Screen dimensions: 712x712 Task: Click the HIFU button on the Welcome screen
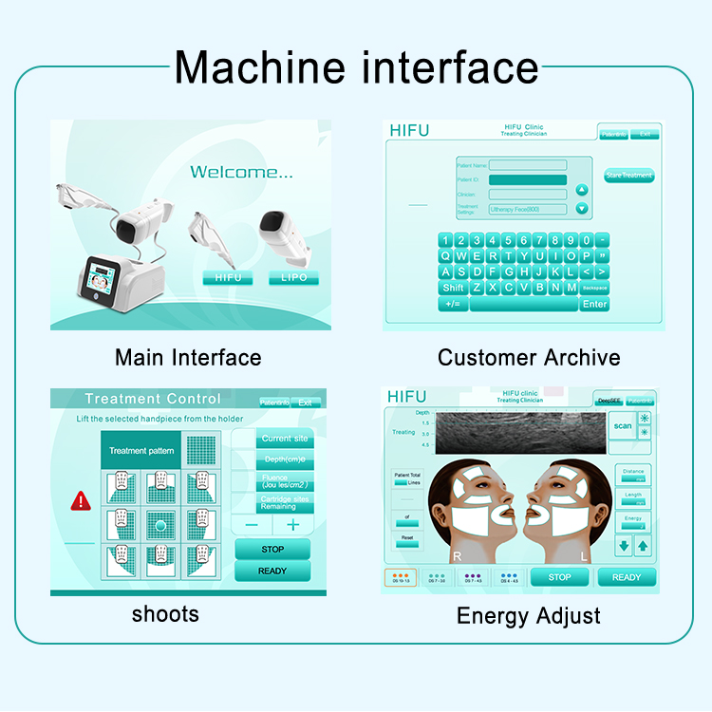click(x=227, y=278)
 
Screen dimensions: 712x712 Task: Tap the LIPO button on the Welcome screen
click(x=293, y=278)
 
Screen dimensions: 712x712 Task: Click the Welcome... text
click(x=242, y=172)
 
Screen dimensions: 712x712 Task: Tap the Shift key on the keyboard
click(x=453, y=288)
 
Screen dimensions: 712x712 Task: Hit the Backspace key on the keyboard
click(x=595, y=288)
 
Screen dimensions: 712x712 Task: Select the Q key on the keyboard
click(x=445, y=255)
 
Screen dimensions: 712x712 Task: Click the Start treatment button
click(x=629, y=176)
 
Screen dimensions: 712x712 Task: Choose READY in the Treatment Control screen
click(x=272, y=571)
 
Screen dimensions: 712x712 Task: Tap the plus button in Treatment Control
click(x=292, y=525)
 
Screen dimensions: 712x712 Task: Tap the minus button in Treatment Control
click(x=252, y=525)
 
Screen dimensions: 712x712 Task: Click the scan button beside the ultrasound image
click(x=622, y=425)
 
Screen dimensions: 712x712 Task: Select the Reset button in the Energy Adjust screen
click(x=406, y=539)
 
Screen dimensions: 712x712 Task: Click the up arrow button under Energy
click(x=643, y=546)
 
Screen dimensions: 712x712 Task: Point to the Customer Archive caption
click(x=529, y=358)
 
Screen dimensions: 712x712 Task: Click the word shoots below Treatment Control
click(x=165, y=613)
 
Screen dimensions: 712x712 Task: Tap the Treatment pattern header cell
click(x=141, y=451)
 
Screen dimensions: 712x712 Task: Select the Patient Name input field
click(x=527, y=165)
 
